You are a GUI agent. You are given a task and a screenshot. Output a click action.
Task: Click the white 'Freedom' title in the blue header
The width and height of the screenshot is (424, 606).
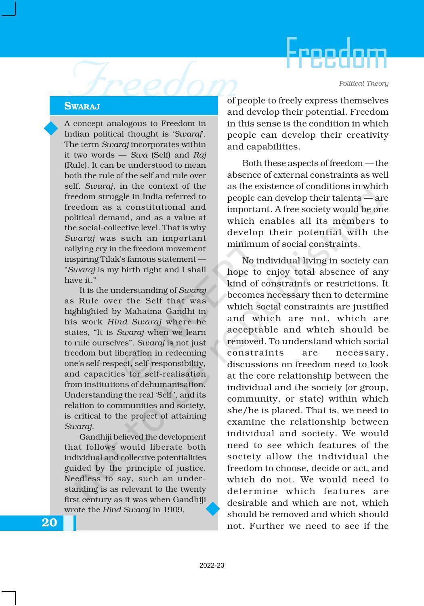coord(336,54)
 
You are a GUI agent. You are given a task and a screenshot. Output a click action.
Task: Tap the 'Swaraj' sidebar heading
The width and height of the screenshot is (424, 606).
coord(82,106)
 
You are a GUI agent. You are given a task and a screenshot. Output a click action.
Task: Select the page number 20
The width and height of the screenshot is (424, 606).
coord(49,523)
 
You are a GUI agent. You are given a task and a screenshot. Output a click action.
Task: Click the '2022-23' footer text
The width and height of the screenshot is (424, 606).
coord(212,566)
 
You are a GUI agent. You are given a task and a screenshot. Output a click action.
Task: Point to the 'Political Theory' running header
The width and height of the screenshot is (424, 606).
coord(363,84)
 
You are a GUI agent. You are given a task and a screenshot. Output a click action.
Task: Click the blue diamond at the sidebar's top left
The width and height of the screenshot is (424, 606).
coord(51,128)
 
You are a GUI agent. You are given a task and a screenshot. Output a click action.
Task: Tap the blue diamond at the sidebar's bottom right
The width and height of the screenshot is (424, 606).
coord(213,509)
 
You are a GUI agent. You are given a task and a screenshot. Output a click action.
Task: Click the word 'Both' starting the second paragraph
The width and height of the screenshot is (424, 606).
coord(251,164)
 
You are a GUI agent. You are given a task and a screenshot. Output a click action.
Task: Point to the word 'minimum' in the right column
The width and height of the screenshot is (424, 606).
coord(246,244)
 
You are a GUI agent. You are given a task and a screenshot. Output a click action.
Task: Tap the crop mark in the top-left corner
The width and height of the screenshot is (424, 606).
coord(9,9)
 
